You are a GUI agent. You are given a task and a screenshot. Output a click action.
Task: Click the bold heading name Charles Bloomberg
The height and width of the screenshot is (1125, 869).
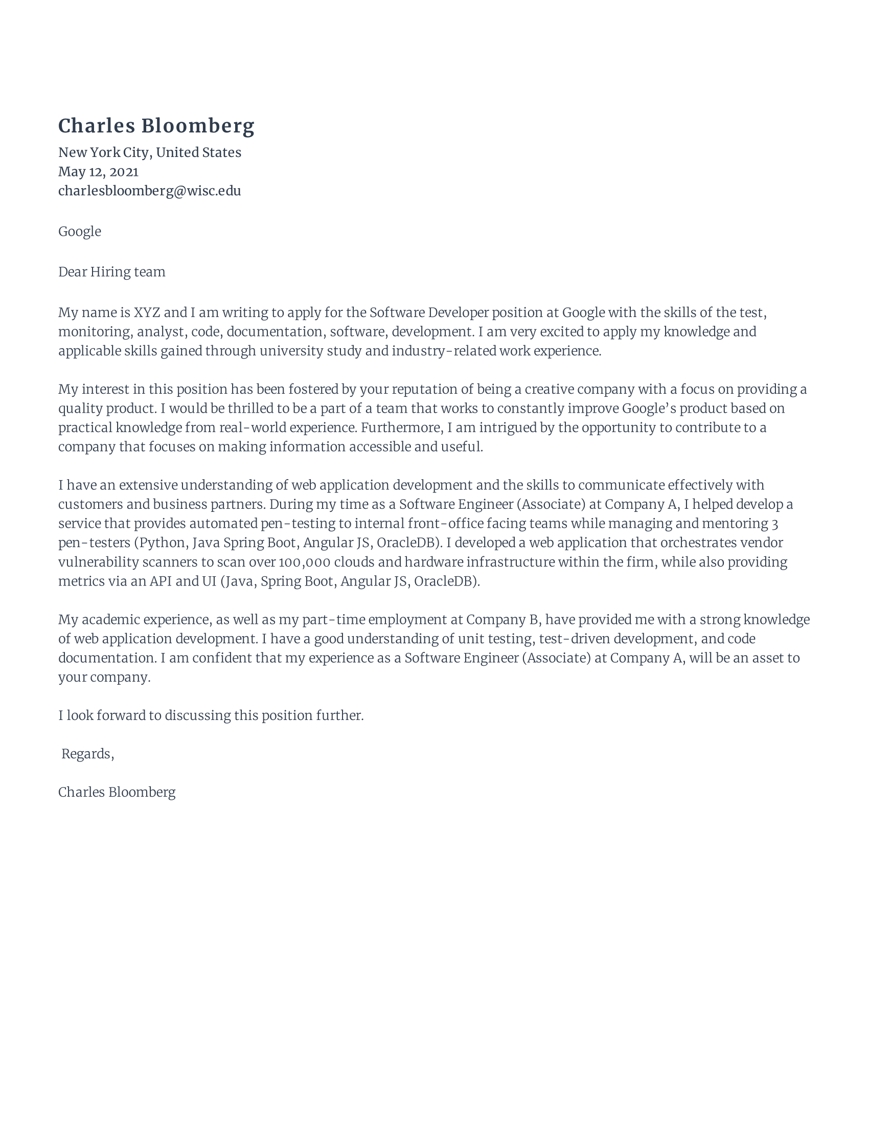tap(156, 126)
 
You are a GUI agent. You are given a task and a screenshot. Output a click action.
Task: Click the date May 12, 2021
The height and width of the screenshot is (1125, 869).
tap(98, 171)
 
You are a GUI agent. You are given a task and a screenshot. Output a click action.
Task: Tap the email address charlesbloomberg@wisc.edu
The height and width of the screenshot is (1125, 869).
tap(149, 191)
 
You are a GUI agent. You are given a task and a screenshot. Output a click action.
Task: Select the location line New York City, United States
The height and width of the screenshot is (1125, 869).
tap(149, 152)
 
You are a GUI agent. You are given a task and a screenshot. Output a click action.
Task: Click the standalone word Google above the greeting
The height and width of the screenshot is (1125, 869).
tap(79, 231)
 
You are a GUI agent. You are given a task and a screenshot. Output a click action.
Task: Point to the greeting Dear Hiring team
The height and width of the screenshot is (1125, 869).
tap(112, 272)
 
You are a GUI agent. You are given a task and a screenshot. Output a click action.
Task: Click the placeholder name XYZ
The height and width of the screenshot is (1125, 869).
tap(147, 312)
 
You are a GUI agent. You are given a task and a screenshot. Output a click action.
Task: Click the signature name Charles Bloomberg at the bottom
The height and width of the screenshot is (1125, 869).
tap(117, 792)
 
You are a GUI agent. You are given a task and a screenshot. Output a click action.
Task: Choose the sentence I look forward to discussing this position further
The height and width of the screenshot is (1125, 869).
tap(211, 715)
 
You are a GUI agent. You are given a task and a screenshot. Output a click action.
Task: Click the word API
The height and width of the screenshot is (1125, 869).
tap(161, 581)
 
